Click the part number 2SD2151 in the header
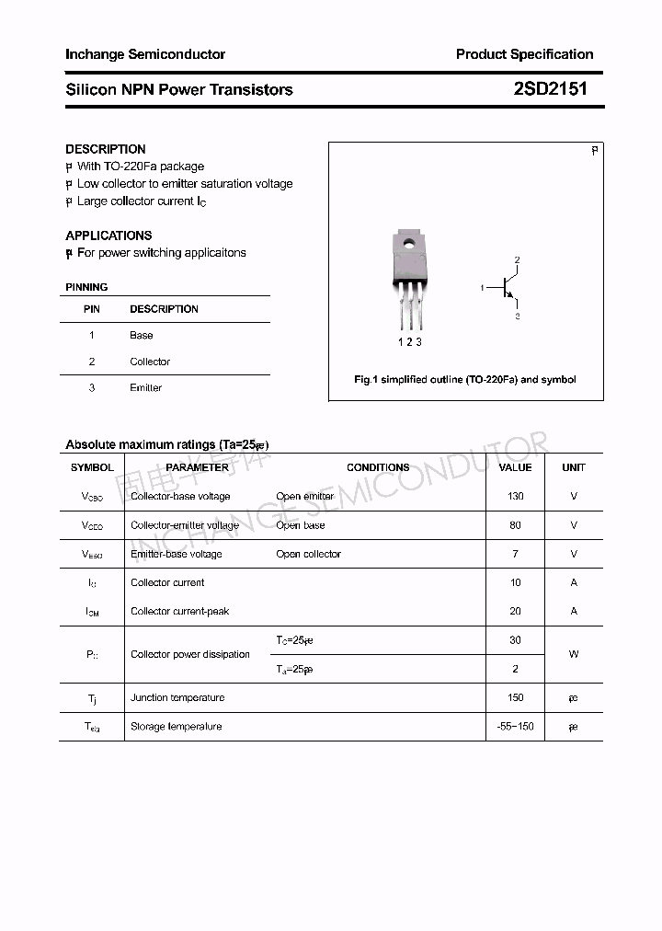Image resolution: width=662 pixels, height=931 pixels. pos(550,89)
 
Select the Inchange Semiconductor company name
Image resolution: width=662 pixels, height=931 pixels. pos(145,54)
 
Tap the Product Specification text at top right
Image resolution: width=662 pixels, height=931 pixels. pos(524,54)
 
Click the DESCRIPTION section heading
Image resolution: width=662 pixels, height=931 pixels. pos(106,149)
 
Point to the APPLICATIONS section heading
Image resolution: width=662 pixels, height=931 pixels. pos(108,236)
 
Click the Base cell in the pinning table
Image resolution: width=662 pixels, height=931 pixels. pos(142,336)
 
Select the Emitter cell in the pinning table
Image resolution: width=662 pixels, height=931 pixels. pos(145,388)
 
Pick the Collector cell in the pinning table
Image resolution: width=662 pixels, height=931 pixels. pos(150,362)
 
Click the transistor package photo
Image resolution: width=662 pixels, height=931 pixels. pos(409,276)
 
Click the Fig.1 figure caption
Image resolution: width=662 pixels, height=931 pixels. pos(465,380)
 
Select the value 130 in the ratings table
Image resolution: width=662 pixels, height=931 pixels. pos(515,497)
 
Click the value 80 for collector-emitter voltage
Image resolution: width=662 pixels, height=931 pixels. pos(515,525)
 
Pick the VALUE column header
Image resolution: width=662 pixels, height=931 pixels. pos(515,467)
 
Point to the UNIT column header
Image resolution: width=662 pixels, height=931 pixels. pos(574,467)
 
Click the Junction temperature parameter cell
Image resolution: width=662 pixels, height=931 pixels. pos(177,698)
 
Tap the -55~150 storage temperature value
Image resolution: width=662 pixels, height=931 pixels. pos(515,727)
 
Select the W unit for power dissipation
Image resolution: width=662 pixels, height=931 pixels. pos(574,655)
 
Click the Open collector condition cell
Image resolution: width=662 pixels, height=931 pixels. pos(308,555)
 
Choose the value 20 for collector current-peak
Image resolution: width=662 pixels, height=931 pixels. pos(515,612)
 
